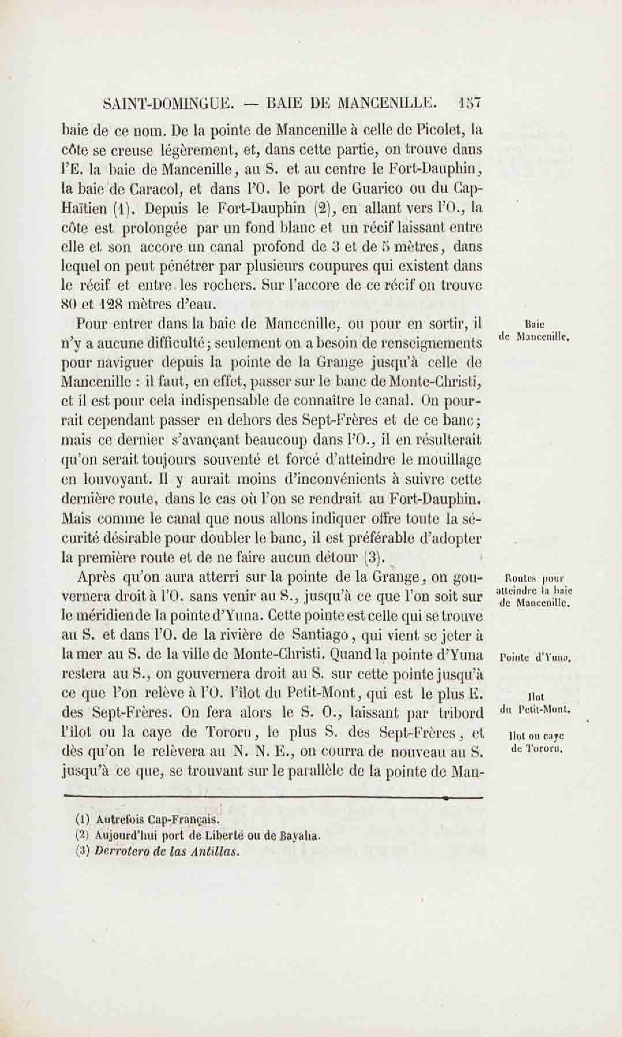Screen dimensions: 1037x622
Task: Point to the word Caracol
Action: pyautogui.click(x=158, y=189)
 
